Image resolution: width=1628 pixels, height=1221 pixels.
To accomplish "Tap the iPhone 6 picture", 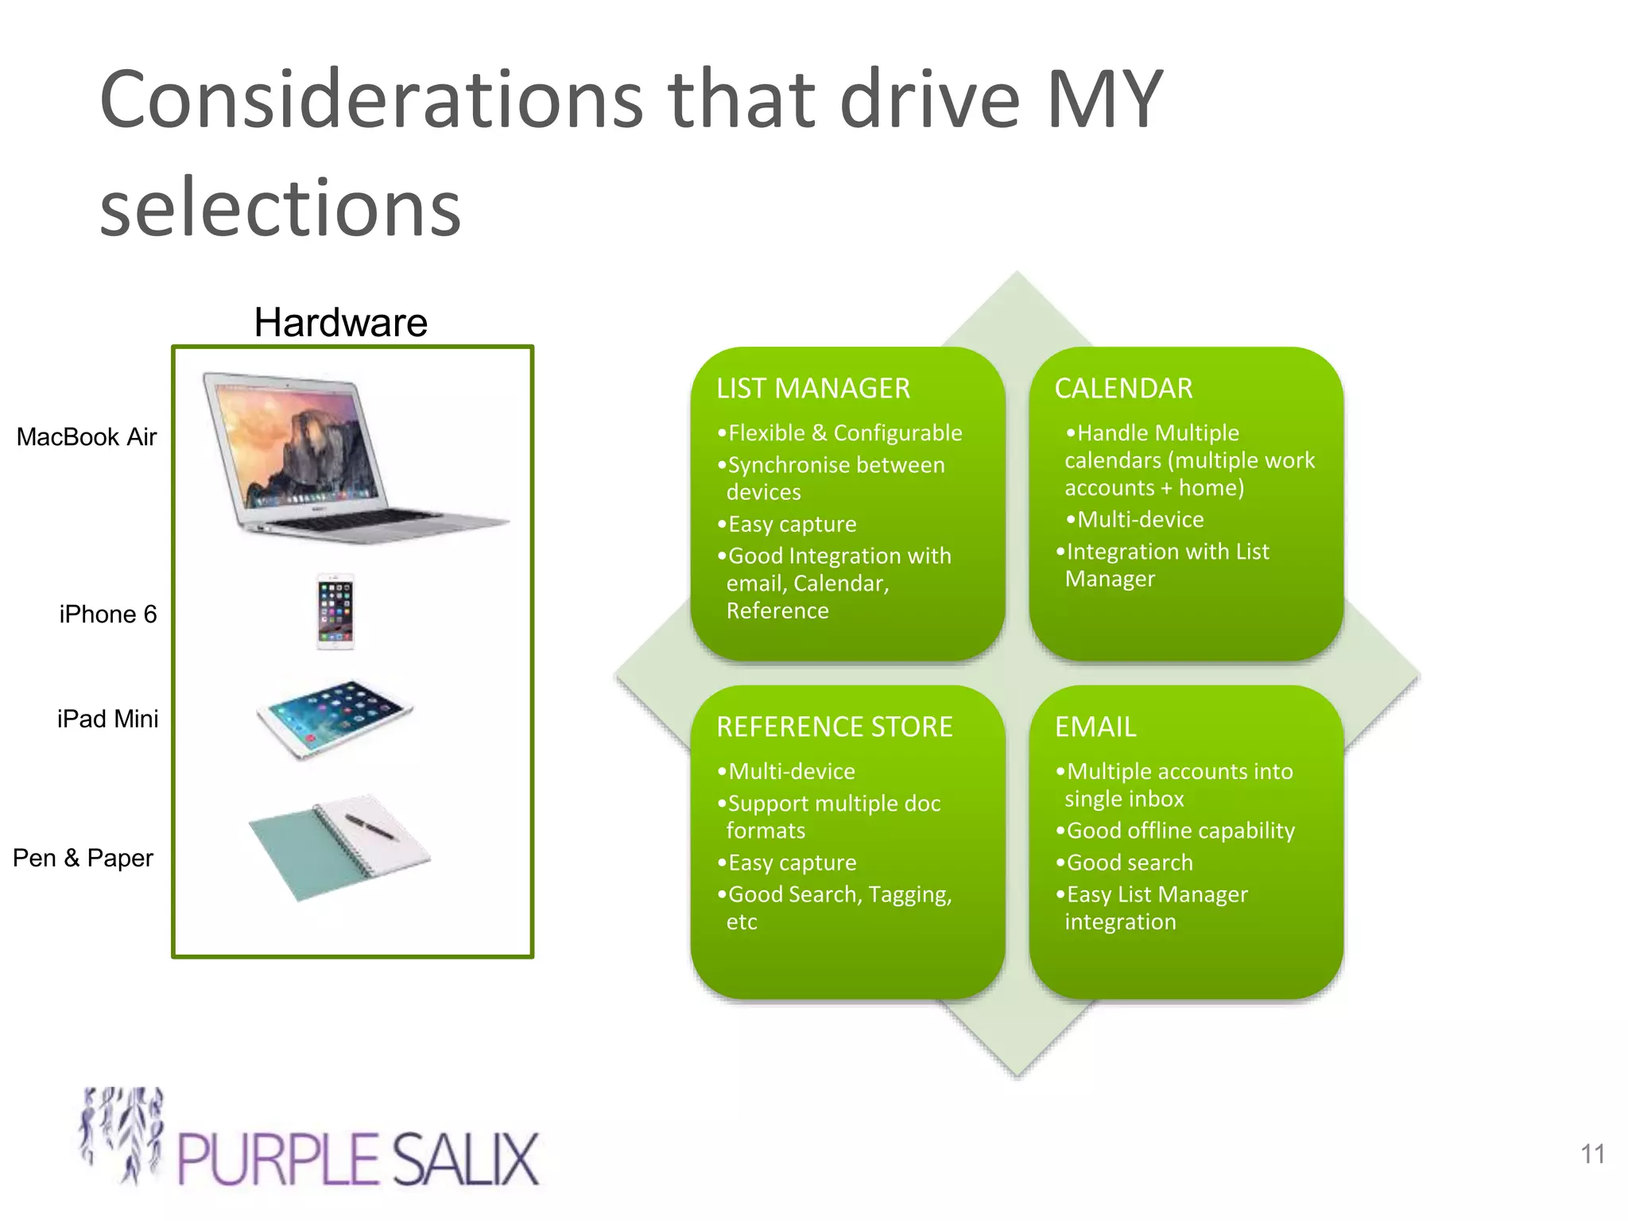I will (335, 611).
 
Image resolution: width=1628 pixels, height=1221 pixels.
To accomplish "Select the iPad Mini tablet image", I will (335, 717).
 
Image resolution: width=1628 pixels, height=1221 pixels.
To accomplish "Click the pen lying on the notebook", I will (370, 826).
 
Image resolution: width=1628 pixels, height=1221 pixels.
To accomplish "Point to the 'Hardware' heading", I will (340, 322).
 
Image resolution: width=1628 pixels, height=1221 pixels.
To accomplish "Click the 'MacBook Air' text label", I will (87, 437).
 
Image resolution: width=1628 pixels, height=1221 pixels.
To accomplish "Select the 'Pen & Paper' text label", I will (83, 859).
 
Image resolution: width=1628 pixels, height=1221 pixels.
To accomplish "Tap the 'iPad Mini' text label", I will (107, 719).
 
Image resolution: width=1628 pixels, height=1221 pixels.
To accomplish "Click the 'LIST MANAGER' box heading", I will (812, 388).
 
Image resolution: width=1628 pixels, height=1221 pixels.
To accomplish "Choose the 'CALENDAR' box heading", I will (1122, 388).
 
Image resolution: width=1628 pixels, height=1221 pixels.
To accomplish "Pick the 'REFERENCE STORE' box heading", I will (834, 727).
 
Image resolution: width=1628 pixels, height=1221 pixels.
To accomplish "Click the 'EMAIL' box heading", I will (1095, 727).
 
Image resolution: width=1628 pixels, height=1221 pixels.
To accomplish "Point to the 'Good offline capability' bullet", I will (1180, 831).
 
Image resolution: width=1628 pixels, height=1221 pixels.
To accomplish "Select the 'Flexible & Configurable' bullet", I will (844, 433).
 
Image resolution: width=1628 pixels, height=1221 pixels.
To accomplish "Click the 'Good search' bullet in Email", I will (1129, 862).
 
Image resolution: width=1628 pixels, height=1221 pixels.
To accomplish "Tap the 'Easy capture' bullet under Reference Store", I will (792, 862).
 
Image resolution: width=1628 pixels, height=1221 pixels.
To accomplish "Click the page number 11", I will (1592, 1153).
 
